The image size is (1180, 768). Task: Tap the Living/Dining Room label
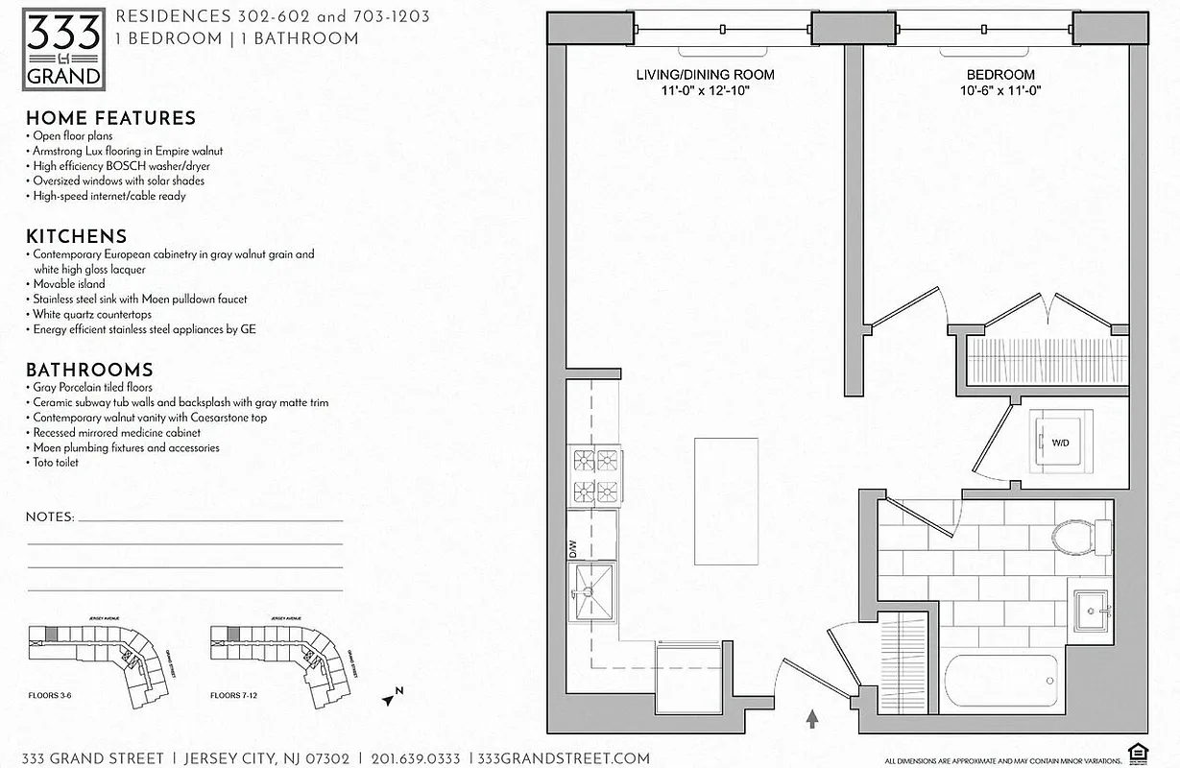click(x=705, y=75)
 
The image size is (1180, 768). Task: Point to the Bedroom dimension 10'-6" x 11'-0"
click(x=999, y=90)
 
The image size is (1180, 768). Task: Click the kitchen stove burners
click(x=594, y=477)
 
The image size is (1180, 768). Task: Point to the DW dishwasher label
click(x=573, y=549)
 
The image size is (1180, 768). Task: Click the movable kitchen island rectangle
click(x=725, y=501)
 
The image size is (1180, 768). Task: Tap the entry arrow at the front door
click(x=812, y=717)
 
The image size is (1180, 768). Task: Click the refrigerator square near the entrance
click(x=687, y=676)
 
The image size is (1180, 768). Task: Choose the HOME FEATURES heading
click(x=110, y=118)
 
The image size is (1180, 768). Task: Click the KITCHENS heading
click(x=76, y=236)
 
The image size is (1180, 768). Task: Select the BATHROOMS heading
click(x=89, y=370)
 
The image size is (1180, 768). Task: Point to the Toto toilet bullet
click(x=56, y=463)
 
